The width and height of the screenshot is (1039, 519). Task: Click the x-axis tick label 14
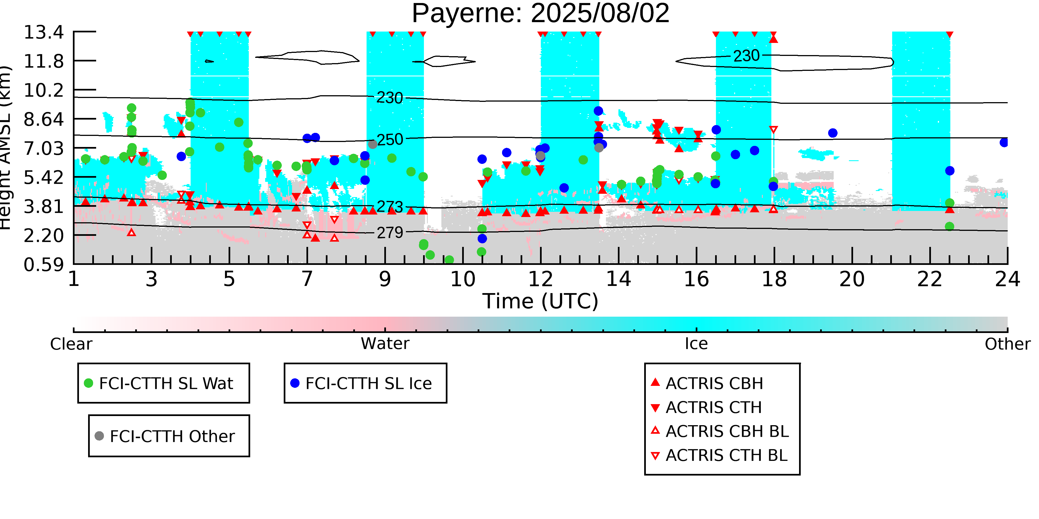point(618,279)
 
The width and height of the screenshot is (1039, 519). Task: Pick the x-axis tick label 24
point(1007,279)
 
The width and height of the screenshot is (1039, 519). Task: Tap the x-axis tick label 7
point(307,279)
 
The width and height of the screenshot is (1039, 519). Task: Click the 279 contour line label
point(390,233)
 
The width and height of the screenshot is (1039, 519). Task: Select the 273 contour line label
point(390,207)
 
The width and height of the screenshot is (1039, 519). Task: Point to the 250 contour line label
point(390,140)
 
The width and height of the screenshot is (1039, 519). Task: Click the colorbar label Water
point(385,344)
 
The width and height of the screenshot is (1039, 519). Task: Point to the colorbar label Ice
point(696,344)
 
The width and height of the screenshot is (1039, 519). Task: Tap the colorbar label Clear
point(71,344)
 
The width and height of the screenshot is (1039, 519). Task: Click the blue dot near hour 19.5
point(833,133)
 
